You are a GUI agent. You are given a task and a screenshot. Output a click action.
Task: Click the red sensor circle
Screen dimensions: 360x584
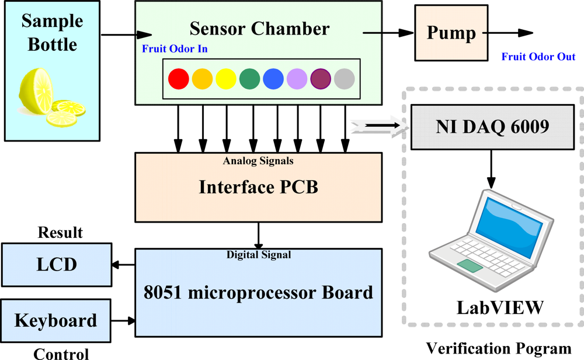click(178, 78)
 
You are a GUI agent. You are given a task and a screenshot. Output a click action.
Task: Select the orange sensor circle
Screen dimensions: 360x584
click(202, 78)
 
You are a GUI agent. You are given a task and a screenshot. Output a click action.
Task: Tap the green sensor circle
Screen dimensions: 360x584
click(249, 78)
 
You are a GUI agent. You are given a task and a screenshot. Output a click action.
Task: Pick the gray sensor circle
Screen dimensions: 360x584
click(345, 78)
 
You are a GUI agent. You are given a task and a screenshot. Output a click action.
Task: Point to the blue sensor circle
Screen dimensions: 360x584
click(273, 78)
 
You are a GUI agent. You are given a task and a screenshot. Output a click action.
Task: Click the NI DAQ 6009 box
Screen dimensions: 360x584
click(492, 126)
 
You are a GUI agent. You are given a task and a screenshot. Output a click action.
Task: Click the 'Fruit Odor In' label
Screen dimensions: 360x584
click(175, 49)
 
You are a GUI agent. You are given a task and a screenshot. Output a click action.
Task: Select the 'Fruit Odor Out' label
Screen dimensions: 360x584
click(538, 57)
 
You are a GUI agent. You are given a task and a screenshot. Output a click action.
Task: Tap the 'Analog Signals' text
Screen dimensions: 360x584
click(258, 160)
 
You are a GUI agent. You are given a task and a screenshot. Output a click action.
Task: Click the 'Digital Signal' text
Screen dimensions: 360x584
click(258, 254)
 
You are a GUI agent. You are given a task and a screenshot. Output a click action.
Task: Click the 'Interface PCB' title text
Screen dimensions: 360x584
click(258, 187)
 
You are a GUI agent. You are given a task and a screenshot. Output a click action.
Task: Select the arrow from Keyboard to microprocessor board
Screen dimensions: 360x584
click(123, 320)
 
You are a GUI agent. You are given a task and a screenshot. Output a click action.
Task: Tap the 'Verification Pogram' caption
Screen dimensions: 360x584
click(498, 349)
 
